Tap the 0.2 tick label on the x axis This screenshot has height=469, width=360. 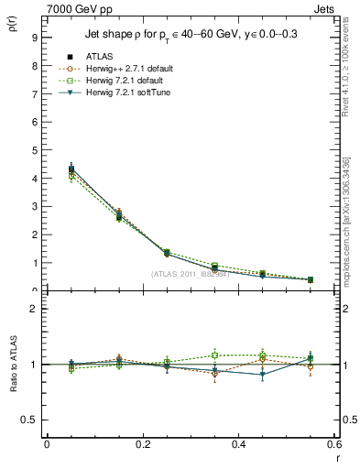[x=142, y=444]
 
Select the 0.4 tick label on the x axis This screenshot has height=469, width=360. [x=238, y=444]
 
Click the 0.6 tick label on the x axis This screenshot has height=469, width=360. [x=333, y=444]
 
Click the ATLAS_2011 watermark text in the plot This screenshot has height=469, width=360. [x=190, y=274]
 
